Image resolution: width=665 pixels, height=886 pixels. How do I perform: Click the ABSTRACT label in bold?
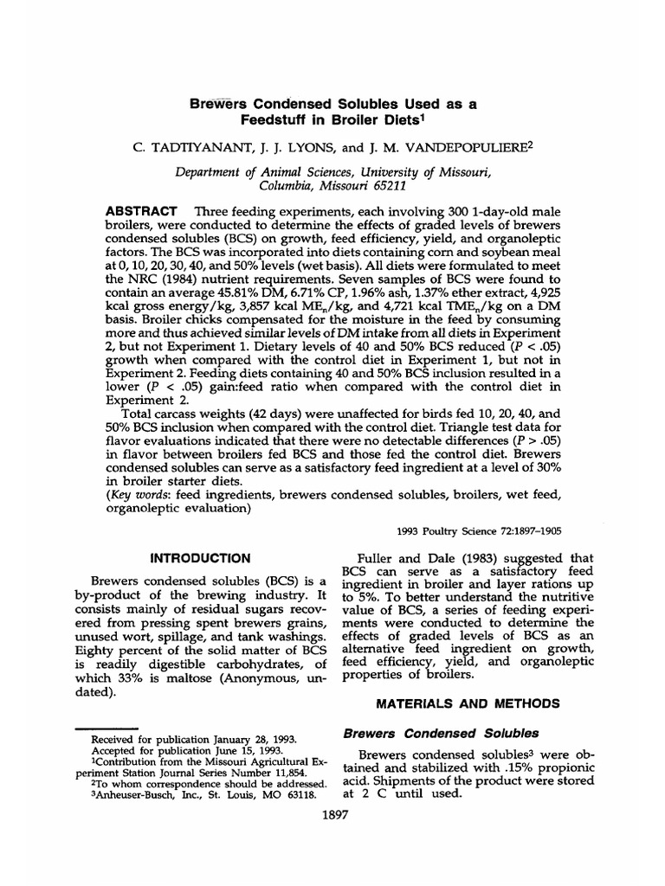pos(141,212)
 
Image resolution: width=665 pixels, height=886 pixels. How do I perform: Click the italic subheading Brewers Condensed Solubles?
pos(441,733)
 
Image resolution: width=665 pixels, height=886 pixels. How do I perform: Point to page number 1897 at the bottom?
pos(335,815)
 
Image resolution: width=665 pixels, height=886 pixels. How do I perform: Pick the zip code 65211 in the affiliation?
pos(383,185)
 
